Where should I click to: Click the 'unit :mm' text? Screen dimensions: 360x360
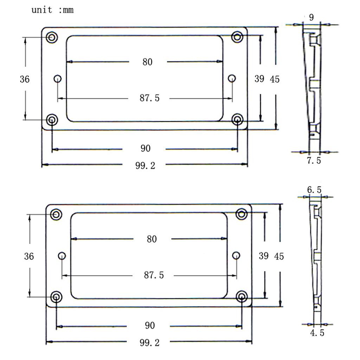[53, 10]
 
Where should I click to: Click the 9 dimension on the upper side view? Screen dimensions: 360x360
[311, 17]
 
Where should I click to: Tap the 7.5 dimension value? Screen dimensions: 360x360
[314, 161]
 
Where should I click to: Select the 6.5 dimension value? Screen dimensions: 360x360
[314, 190]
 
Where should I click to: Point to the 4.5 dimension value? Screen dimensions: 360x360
[317, 333]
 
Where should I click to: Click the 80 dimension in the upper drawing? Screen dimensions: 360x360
[148, 62]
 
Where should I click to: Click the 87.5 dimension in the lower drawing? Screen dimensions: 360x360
[154, 275]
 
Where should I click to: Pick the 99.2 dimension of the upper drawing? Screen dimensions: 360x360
[145, 165]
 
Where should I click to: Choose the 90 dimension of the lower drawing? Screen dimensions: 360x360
[150, 326]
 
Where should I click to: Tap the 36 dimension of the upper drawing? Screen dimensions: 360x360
[25, 79]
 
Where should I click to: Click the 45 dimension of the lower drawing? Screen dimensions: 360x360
[279, 257]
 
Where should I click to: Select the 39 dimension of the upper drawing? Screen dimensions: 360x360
[259, 79]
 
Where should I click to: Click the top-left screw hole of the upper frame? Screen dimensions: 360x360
[52, 37]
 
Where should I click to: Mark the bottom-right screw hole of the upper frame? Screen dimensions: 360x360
[238, 120]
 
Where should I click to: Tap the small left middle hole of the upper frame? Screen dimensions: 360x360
[58, 78]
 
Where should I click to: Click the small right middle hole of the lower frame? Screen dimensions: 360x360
[236, 255]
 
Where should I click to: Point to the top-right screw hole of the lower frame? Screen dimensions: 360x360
[242, 214]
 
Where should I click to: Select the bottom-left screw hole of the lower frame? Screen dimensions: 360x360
[56, 297]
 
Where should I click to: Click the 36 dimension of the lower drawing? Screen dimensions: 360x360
[29, 256]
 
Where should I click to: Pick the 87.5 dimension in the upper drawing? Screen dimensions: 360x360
[149, 98]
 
